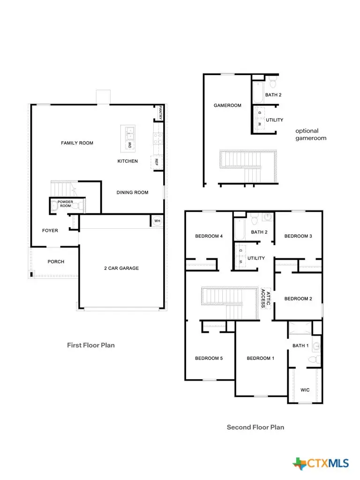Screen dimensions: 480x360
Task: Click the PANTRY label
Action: point(160,113)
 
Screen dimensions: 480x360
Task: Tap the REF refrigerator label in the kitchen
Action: point(156,162)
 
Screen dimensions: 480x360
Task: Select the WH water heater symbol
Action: point(157,221)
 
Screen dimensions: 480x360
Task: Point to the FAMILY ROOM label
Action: point(77,143)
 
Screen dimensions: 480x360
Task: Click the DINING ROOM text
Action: point(132,192)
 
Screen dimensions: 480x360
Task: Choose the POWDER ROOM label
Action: point(65,204)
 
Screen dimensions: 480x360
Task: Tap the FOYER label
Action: point(50,231)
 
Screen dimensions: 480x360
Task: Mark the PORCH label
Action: point(56,262)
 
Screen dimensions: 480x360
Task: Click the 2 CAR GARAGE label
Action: point(121,268)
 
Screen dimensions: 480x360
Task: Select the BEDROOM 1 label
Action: point(261,358)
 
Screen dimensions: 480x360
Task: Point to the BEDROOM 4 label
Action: point(209,236)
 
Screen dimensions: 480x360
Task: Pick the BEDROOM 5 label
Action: point(209,358)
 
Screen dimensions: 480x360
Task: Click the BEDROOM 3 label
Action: point(298,236)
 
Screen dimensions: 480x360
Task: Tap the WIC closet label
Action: point(305,390)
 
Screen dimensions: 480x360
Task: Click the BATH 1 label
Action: point(300,345)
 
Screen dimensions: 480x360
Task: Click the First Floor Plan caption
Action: point(91,345)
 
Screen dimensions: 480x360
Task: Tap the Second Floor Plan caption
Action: point(255,427)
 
